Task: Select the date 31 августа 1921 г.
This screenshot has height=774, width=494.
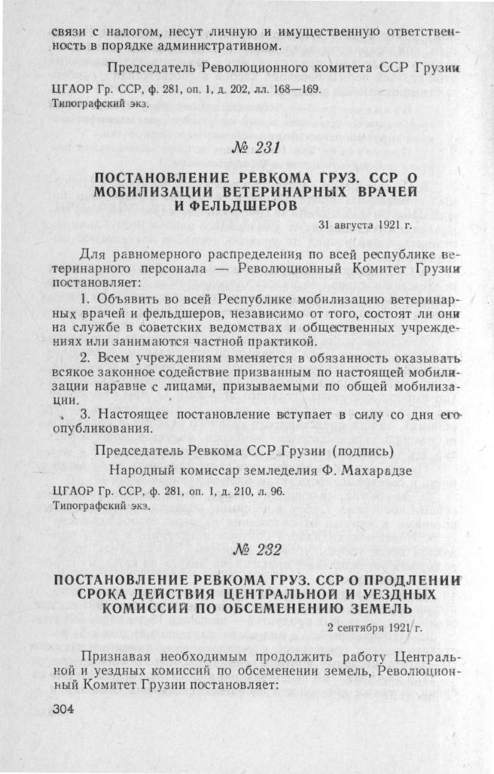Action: pos(366,224)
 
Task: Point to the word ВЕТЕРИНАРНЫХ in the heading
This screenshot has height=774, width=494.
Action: pos(280,192)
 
